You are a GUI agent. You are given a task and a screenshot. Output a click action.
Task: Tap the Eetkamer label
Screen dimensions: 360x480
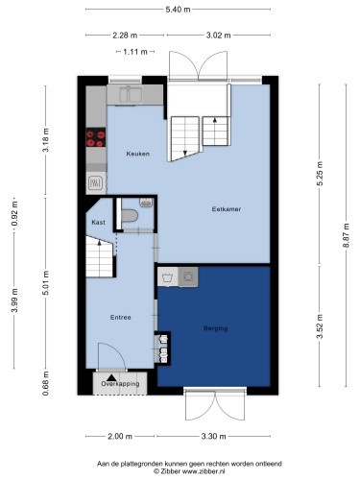click(x=227, y=209)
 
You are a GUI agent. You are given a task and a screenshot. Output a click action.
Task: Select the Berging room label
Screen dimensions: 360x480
click(x=216, y=328)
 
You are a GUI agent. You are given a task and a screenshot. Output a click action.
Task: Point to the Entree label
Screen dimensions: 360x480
click(x=121, y=318)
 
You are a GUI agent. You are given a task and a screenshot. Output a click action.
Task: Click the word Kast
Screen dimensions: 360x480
click(x=98, y=222)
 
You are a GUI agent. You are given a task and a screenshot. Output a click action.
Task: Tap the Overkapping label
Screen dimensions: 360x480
click(x=120, y=383)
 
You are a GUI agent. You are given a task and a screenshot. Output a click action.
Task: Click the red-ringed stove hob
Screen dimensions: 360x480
click(x=96, y=137)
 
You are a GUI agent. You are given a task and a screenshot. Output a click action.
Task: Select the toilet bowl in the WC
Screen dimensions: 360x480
click(x=130, y=215)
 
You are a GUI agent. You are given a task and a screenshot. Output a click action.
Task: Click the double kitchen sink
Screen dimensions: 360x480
click(x=131, y=94)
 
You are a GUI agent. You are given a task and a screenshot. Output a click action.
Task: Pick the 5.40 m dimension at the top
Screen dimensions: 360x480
click(x=178, y=10)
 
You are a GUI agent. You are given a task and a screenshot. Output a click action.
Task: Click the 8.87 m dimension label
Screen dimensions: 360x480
click(x=346, y=235)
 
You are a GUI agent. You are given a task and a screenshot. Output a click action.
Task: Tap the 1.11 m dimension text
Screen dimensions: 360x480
click(x=135, y=52)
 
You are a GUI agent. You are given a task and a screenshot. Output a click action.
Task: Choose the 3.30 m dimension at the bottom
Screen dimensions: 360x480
click(x=214, y=436)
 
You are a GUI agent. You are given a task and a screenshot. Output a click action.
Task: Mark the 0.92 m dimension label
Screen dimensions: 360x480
click(x=14, y=214)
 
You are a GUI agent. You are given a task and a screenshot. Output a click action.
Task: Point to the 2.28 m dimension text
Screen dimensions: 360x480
click(x=125, y=36)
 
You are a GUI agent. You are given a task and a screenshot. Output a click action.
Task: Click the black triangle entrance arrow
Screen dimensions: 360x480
click(x=111, y=378)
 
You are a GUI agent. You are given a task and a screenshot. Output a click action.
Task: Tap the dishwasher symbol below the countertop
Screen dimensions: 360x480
click(x=96, y=183)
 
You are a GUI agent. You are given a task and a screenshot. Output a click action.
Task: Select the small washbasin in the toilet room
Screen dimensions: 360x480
click(x=146, y=203)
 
